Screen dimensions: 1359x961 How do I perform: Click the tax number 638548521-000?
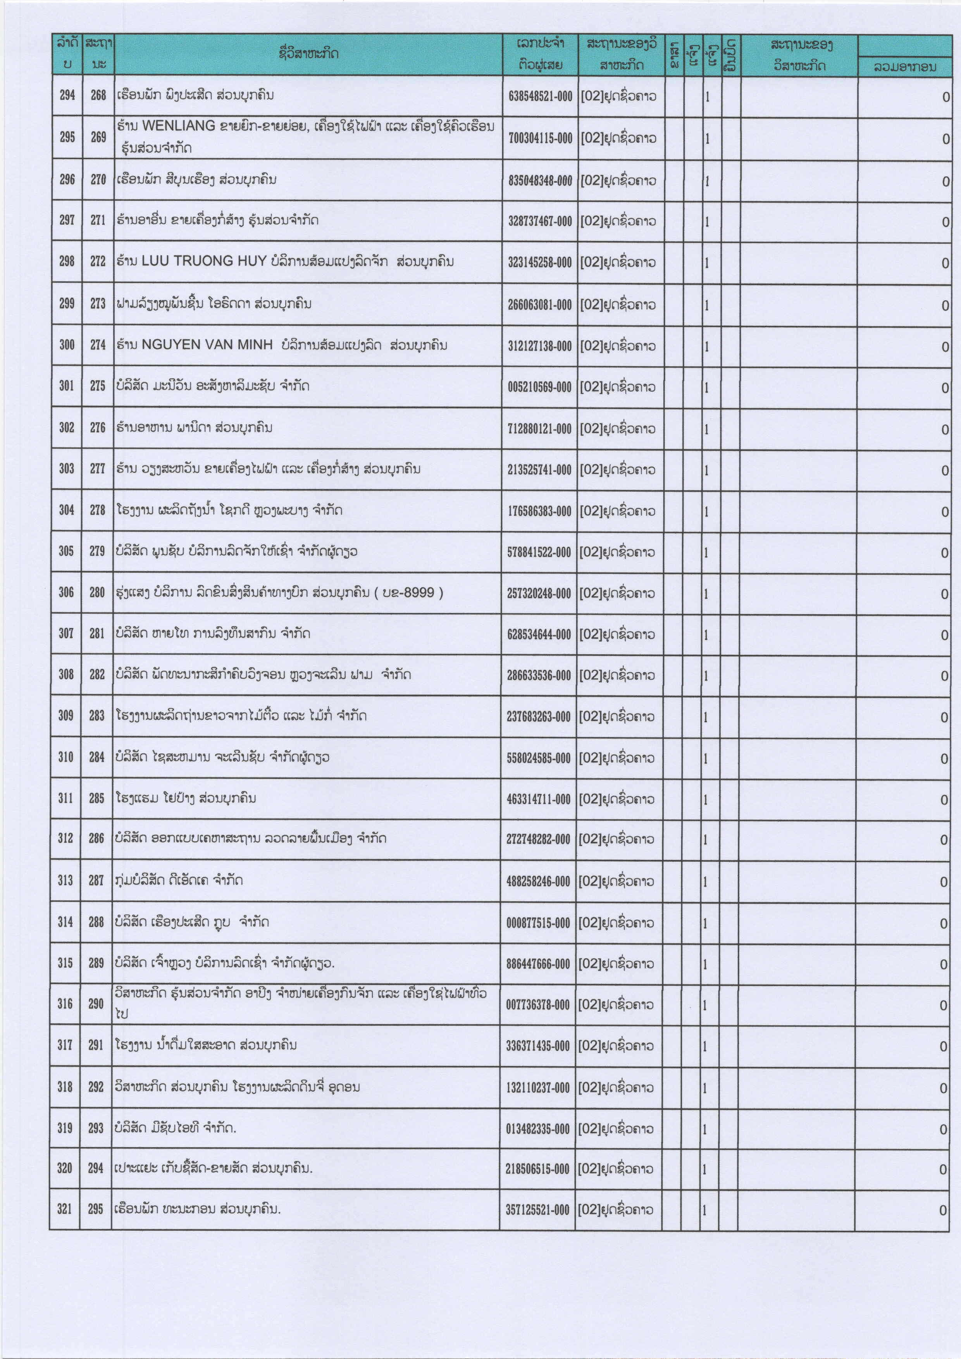pos(540,96)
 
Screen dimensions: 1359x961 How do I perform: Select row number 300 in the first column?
pos(67,344)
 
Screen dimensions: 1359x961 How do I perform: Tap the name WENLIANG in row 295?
pos(178,126)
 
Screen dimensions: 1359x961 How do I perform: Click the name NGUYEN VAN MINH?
pos(207,344)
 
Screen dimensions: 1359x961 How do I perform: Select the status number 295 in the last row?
pos(96,1209)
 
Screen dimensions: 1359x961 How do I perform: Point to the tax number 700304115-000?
pos(540,138)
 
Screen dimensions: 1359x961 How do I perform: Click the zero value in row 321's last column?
pos(943,1211)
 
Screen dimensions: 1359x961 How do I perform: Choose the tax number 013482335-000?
pos(537,1129)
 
